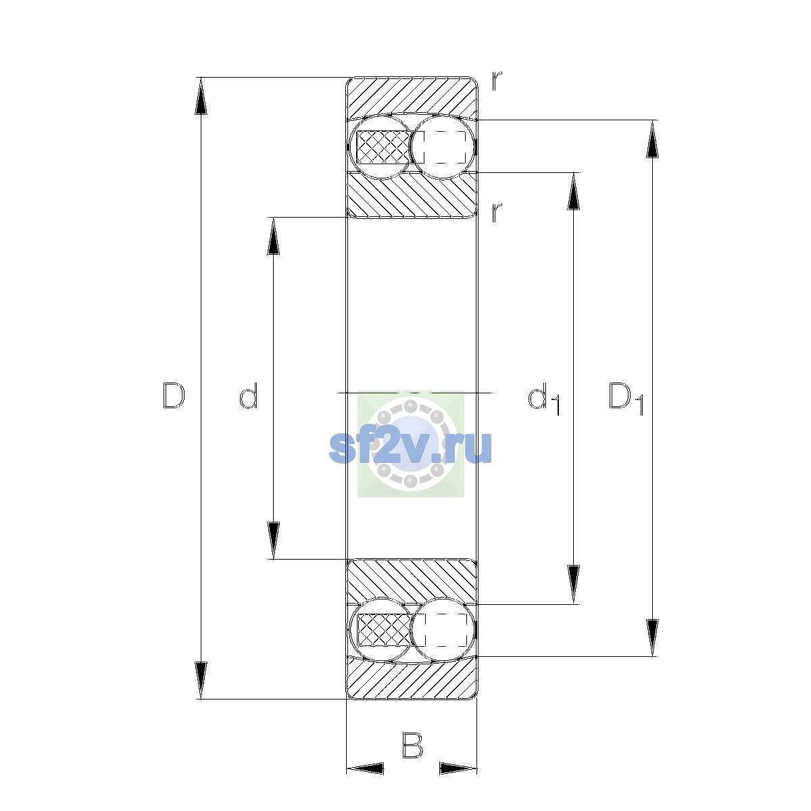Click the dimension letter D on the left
[174, 395]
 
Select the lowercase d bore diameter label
[248, 395]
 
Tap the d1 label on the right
[544, 399]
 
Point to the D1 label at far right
[626, 399]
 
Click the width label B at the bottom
[412, 745]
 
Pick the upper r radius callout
[497, 81]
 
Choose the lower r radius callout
[497, 212]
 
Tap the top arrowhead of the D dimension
[201, 96]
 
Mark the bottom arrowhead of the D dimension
[201, 681]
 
